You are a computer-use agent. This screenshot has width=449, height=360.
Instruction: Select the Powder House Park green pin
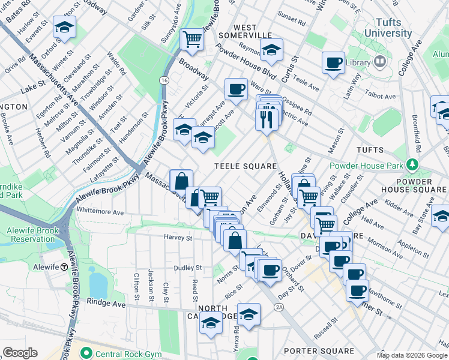412,164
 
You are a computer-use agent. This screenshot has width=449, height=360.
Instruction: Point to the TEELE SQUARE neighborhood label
246,166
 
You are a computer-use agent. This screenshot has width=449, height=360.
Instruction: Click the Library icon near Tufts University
380,62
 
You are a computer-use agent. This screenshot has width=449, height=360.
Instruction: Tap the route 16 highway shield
163,80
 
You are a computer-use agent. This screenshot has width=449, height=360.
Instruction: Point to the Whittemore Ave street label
100,212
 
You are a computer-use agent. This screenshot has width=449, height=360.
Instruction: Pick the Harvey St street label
178,238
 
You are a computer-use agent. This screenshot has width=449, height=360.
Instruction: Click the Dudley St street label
187,268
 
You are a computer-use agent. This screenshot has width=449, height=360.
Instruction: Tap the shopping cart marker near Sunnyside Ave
192,40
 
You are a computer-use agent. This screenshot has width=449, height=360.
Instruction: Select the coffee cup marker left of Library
333,62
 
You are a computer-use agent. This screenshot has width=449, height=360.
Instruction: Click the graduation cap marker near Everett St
64,28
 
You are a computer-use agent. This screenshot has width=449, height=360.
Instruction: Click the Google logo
20,353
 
